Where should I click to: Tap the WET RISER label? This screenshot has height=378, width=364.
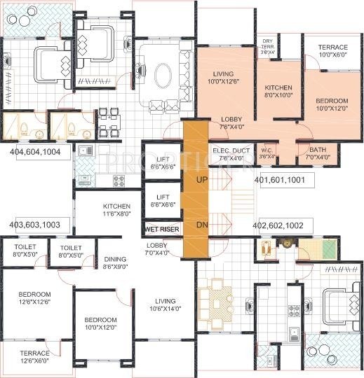[161, 229]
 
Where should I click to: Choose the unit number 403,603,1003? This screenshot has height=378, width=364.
[39, 225]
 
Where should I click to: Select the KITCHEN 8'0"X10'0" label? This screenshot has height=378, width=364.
[278, 92]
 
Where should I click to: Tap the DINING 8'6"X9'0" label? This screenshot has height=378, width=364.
[115, 262]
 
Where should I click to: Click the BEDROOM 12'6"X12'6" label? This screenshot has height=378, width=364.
[34, 297]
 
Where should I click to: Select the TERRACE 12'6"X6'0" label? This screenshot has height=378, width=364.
[34, 358]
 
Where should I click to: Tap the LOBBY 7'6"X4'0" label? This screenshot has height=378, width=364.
[231, 123]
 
